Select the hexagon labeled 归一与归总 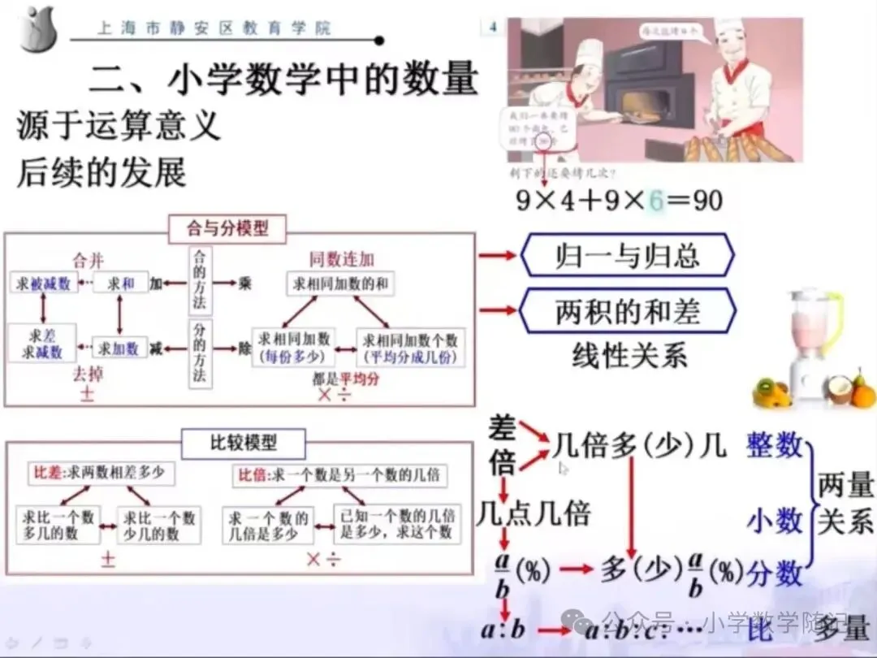click(x=627, y=257)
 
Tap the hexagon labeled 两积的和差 click(x=627, y=312)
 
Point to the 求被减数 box click(x=45, y=283)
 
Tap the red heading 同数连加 click(x=341, y=259)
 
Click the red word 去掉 click(x=89, y=375)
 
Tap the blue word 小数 click(x=774, y=521)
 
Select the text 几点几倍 click(x=534, y=513)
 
